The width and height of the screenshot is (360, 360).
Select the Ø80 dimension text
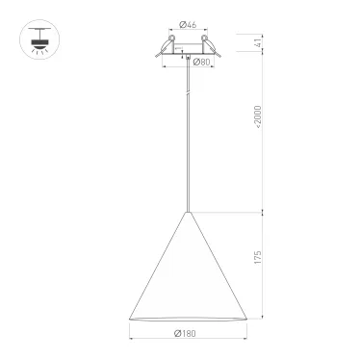[x=202, y=62]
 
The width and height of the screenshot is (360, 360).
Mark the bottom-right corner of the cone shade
[x=249, y=321]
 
